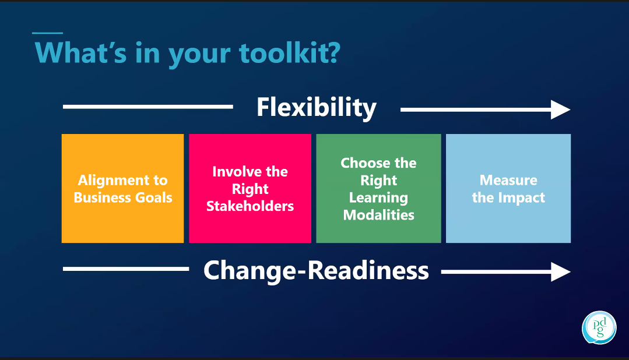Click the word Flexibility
(x=317, y=108)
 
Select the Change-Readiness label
(x=316, y=271)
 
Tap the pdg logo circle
(x=599, y=328)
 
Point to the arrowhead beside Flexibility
(x=561, y=110)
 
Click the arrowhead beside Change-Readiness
(x=561, y=271)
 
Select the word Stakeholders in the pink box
(x=250, y=206)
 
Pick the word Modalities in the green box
(x=379, y=215)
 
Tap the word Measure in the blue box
(x=508, y=180)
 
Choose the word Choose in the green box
(x=361, y=163)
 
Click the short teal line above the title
(x=47, y=33)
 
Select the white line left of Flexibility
(x=147, y=107)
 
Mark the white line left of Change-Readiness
(x=125, y=269)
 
